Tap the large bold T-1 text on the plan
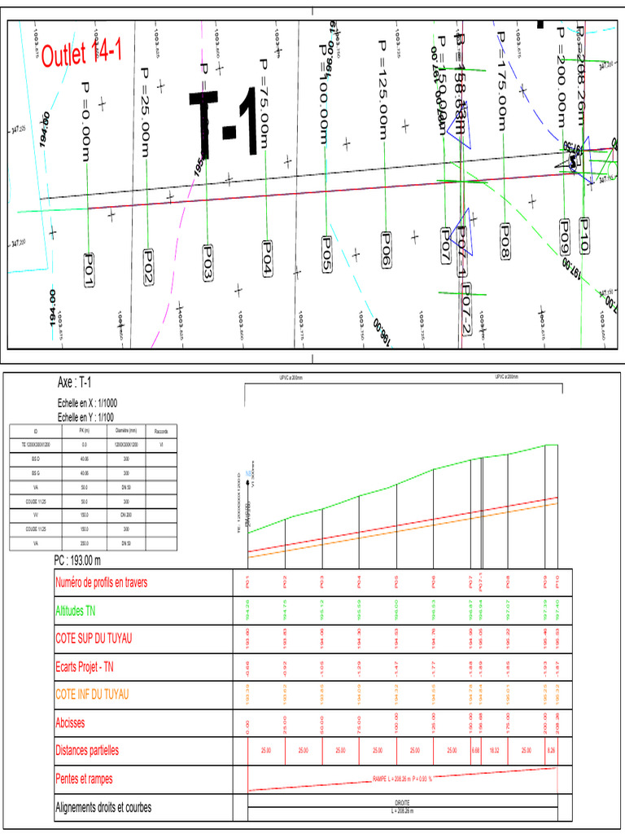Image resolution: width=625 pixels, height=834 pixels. (225, 123)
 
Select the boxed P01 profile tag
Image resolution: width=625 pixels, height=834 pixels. (90, 269)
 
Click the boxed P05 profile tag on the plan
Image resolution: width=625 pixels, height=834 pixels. (326, 254)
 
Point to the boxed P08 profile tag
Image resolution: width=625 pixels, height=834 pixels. (505, 242)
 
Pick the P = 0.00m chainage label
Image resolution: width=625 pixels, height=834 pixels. (85, 120)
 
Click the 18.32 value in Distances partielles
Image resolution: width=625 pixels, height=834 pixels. (493, 750)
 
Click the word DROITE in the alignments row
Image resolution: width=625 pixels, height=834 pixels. (402, 802)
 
